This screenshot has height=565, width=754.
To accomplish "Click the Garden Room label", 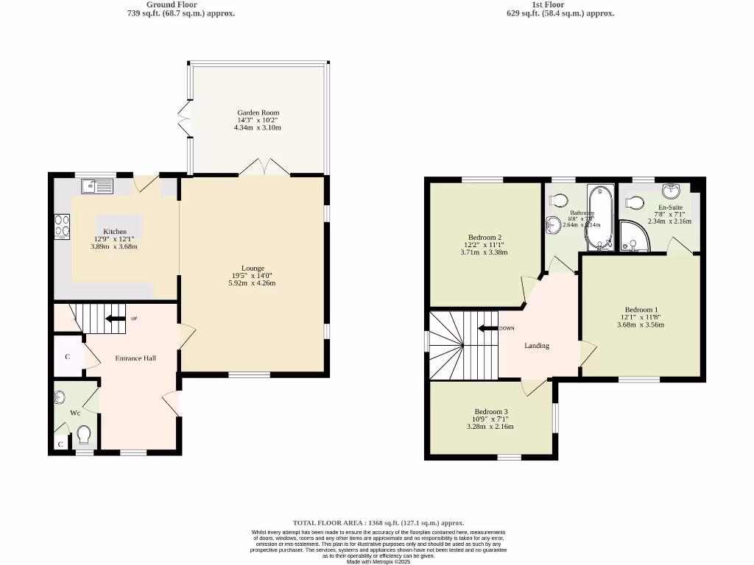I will (x=258, y=113).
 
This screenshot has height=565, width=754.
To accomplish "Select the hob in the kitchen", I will (x=61, y=227).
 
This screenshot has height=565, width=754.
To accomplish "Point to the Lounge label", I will (x=253, y=269).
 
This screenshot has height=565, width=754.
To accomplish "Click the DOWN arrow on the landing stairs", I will (x=487, y=329).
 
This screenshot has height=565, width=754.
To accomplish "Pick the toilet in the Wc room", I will (x=83, y=436).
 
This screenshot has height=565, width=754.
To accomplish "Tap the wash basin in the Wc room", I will (x=61, y=398).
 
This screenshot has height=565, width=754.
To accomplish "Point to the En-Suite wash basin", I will (x=670, y=191).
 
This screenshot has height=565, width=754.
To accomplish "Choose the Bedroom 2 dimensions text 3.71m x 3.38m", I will (x=484, y=252).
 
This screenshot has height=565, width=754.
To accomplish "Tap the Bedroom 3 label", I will (x=490, y=412).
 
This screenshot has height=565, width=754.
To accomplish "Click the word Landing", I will (x=536, y=346).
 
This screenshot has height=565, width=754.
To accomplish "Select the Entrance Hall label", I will (x=135, y=358).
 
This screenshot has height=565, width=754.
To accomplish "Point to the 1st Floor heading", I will (x=547, y=4).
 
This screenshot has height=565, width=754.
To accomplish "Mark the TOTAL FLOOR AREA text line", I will (x=378, y=523).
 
